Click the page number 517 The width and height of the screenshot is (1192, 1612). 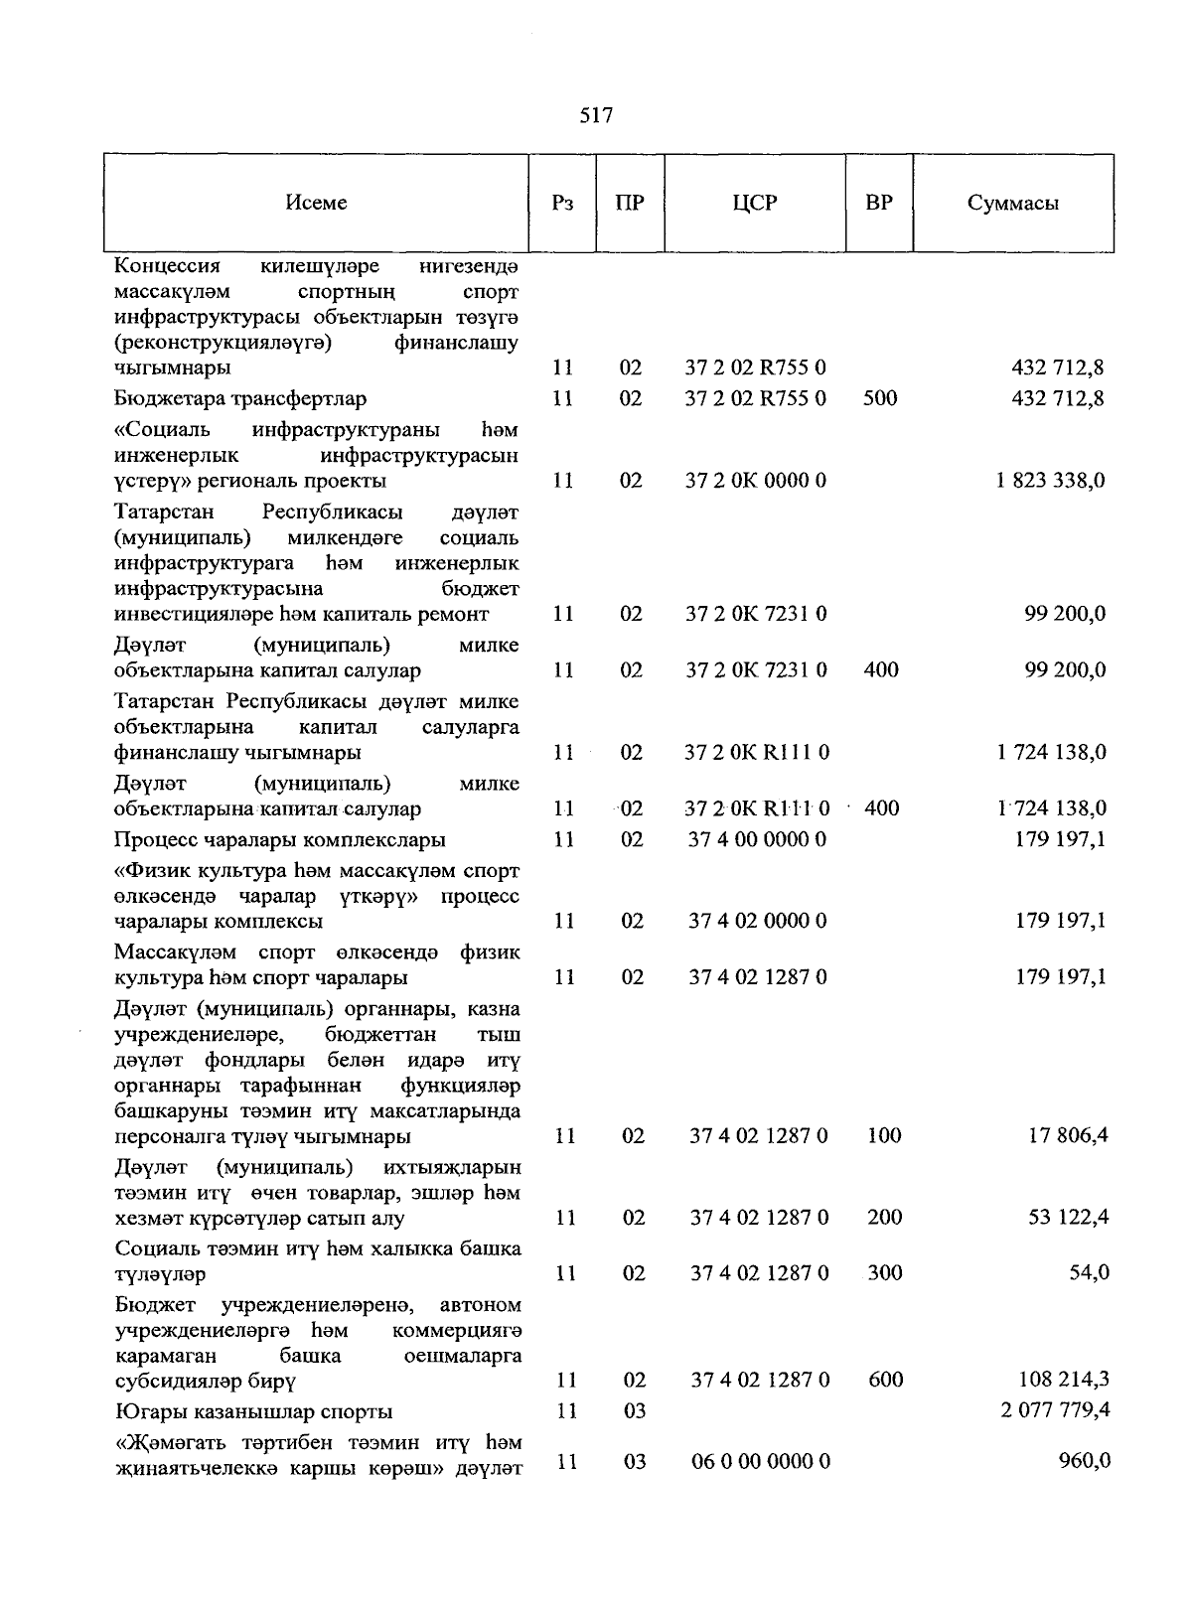click(596, 116)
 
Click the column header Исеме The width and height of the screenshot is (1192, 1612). click(316, 203)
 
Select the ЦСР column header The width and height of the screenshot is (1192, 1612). click(755, 203)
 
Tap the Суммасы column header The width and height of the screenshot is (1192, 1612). click(1012, 203)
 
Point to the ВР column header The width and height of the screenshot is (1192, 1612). click(879, 203)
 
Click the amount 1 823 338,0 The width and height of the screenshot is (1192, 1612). click(1051, 481)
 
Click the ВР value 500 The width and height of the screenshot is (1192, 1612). click(880, 398)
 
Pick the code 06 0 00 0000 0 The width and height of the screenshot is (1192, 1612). click(760, 1461)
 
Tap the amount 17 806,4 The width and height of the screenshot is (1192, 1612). click(1069, 1135)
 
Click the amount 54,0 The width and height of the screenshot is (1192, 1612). click(1089, 1273)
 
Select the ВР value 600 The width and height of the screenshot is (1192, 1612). click(884, 1380)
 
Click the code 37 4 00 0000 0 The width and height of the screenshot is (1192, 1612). click(757, 839)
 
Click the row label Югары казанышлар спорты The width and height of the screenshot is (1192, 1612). click(253, 1411)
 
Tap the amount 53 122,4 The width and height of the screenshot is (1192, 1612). click(1069, 1218)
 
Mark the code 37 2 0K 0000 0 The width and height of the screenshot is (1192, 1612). click(756, 481)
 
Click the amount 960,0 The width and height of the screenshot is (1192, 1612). click(1085, 1461)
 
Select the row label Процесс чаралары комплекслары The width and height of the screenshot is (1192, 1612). click(279, 839)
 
